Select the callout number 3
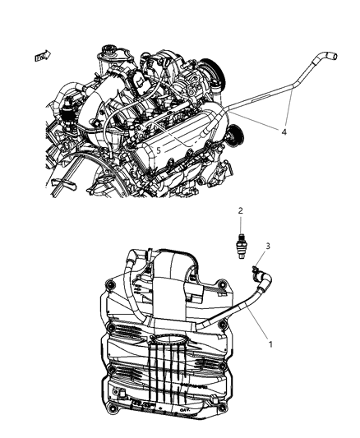pyautogui.click(x=266, y=246)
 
